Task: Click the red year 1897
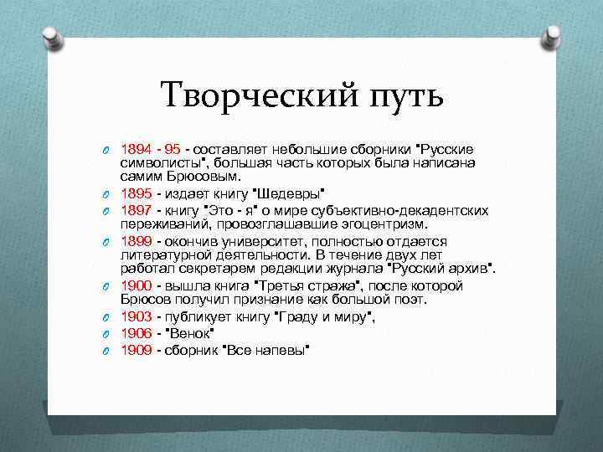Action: pyautogui.click(x=136, y=209)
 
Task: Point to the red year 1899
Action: pyautogui.click(x=136, y=241)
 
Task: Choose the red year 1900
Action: pyautogui.click(x=136, y=286)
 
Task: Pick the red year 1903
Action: pyautogui.click(x=136, y=316)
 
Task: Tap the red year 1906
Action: pyautogui.click(x=136, y=332)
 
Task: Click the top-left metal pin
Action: pyautogui.click(x=49, y=36)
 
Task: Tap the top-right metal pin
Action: pyautogui.click(x=554, y=35)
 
